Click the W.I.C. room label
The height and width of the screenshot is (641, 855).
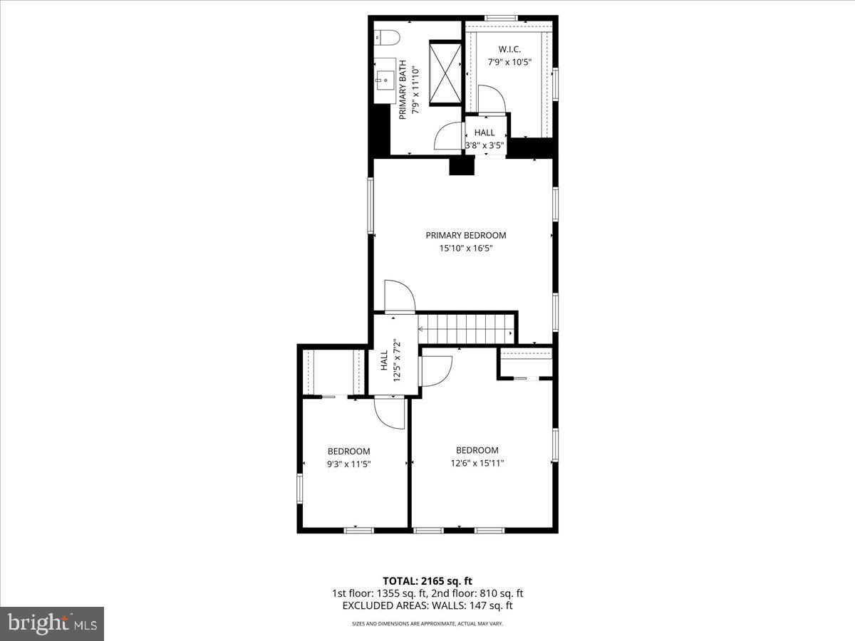click(x=509, y=49)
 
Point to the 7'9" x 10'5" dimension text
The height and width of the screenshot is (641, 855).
click(x=509, y=62)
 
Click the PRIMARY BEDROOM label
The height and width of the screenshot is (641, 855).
click(x=466, y=236)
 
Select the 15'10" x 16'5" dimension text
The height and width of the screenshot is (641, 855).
click(x=466, y=249)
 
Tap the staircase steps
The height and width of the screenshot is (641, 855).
click(x=467, y=329)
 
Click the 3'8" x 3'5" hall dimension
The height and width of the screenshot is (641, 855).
click(x=484, y=145)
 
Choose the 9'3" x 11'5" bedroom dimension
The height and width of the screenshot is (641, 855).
click(x=348, y=464)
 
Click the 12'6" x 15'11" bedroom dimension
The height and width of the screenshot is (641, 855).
click(x=477, y=463)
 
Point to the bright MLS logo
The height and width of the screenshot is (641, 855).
click(x=52, y=624)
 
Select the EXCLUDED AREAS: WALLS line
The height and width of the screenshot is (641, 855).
click(x=427, y=606)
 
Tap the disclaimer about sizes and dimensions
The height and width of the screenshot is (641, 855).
click(x=427, y=624)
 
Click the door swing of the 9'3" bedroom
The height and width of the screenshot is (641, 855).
click(x=390, y=413)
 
